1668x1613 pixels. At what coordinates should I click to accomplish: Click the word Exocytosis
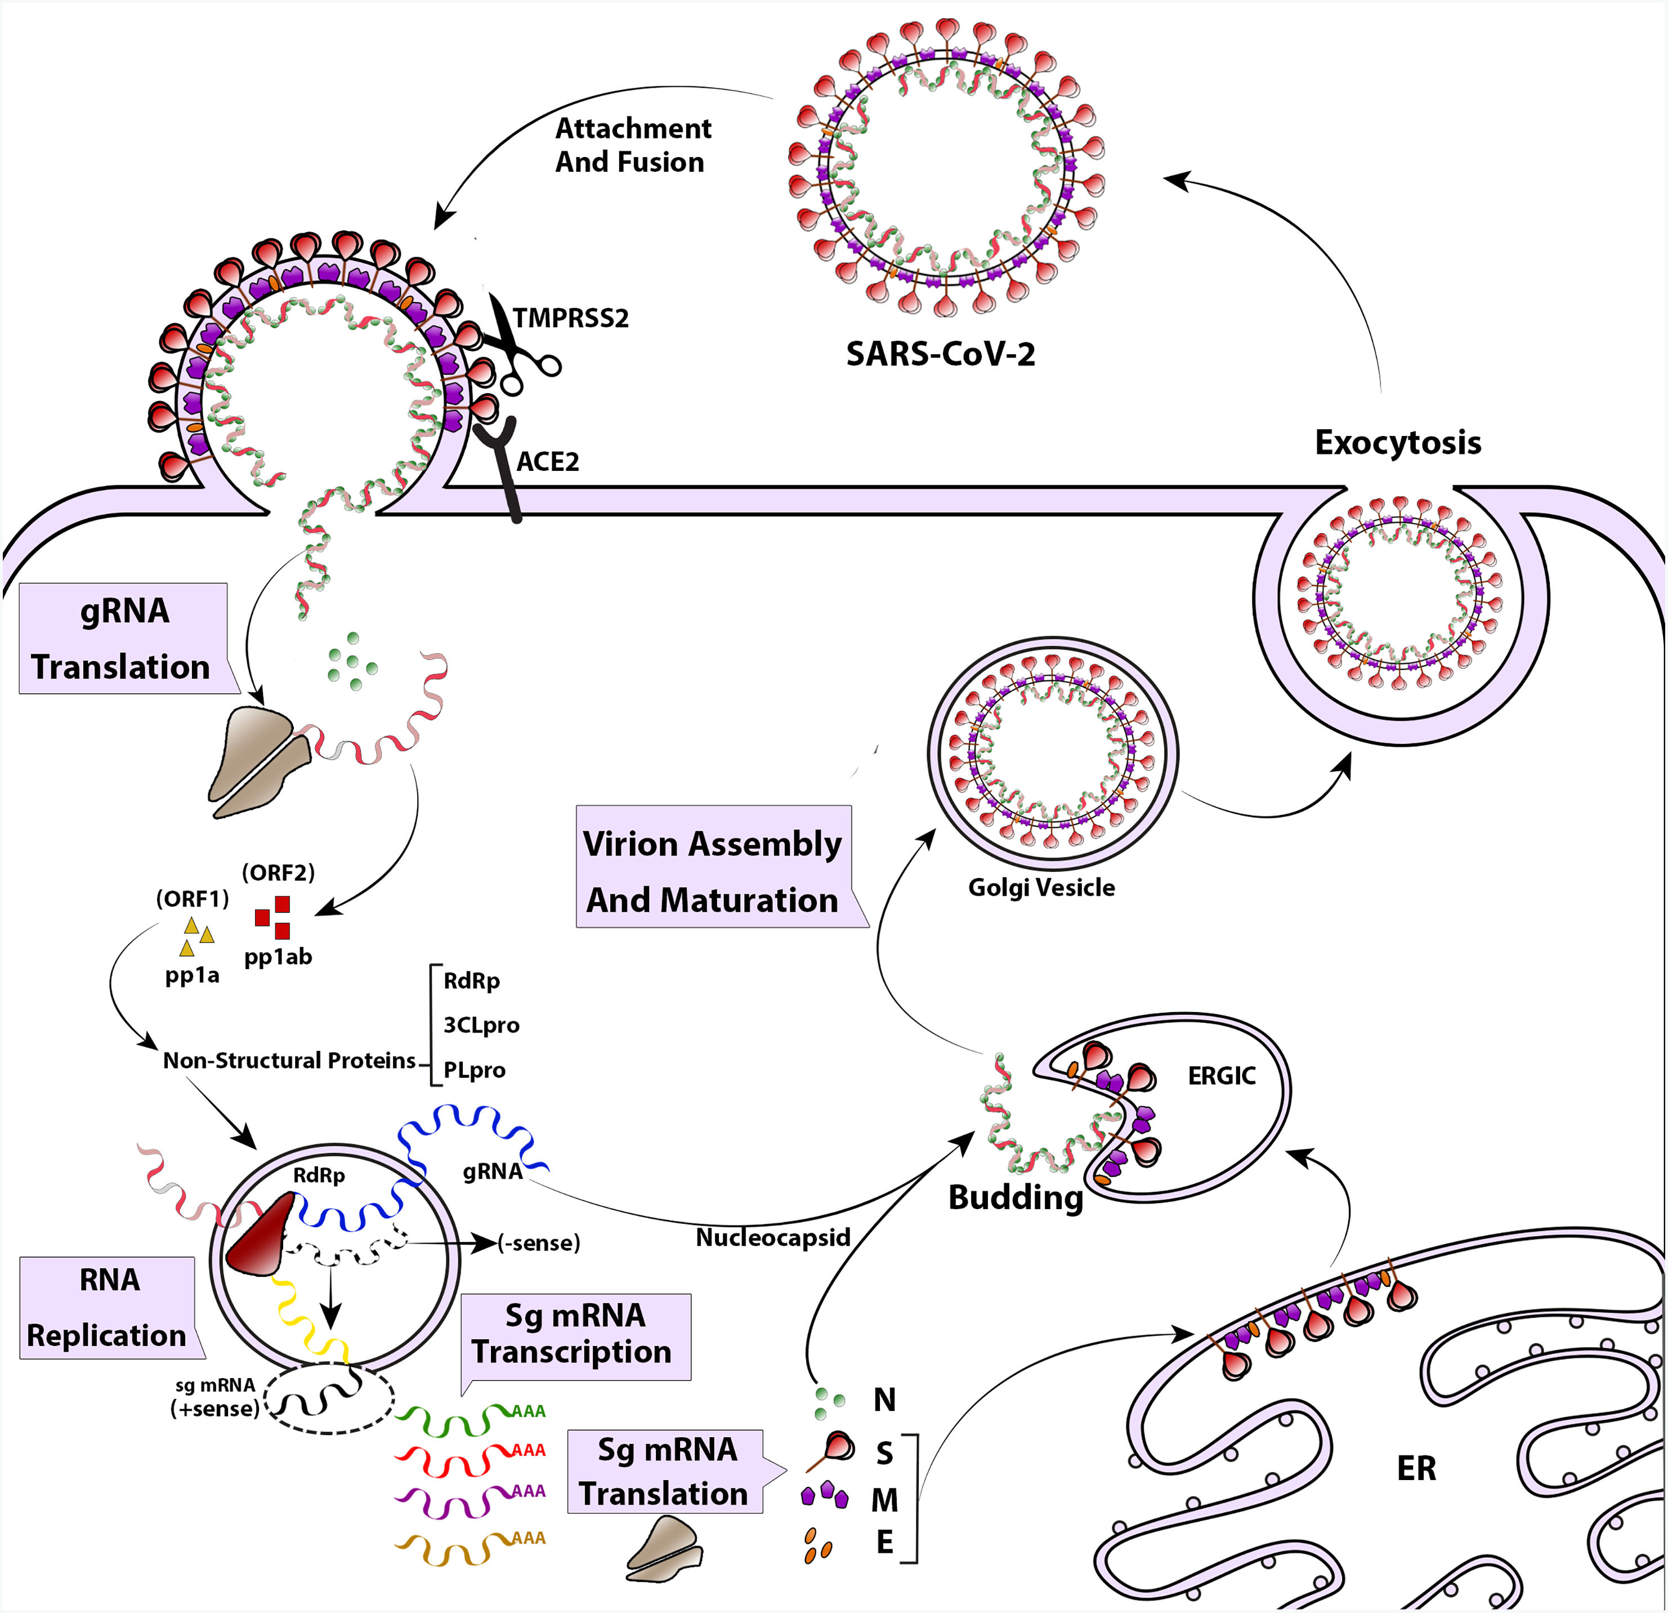click(1397, 443)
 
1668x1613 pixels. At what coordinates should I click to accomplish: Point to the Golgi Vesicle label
click(1041, 888)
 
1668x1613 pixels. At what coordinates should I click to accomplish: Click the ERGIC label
click(1221, 1076)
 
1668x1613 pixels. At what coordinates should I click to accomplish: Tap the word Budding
click(1015, 1197)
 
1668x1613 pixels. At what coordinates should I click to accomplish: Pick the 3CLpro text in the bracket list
click(481, 1025)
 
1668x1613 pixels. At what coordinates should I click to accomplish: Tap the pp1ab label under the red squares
click(278, 957)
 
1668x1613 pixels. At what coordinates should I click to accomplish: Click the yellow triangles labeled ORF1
click(196, 936)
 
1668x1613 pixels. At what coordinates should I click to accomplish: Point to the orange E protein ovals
click(817, 1545)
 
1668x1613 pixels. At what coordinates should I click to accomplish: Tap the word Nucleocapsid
click(773, 1237)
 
